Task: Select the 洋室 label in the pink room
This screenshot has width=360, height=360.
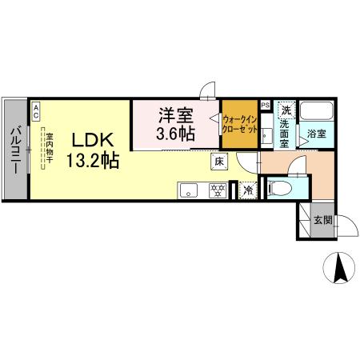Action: pyautogui.click(x=176, y=114)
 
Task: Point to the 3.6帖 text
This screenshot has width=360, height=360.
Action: pyautogui.click(x=176, y=133)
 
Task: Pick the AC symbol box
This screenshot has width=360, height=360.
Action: pyautogui.click(x=35, y=110)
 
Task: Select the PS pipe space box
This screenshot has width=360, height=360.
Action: pyautogui.click(x=265, y=105)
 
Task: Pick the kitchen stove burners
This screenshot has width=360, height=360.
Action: pyautogui.click(x=216, y=190)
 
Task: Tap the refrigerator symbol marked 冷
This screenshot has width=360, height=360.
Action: pyautogui.click(x=248, y=190)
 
